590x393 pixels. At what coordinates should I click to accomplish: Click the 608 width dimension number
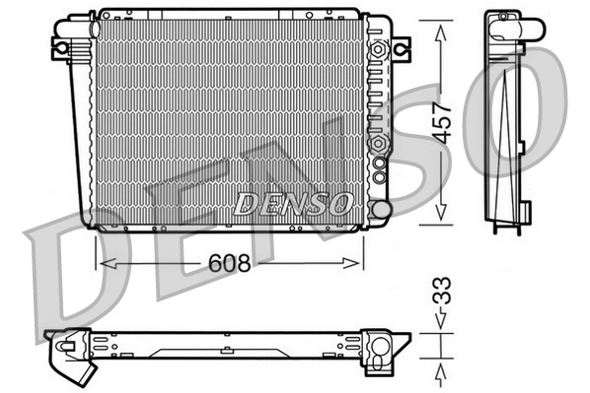pyautogui.click(x=228, y=263)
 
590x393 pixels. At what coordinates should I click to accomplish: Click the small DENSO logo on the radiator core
pyautogui.click(x=292, y=204)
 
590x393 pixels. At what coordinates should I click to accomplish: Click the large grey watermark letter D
pyautogui.click(x=69, y=261)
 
